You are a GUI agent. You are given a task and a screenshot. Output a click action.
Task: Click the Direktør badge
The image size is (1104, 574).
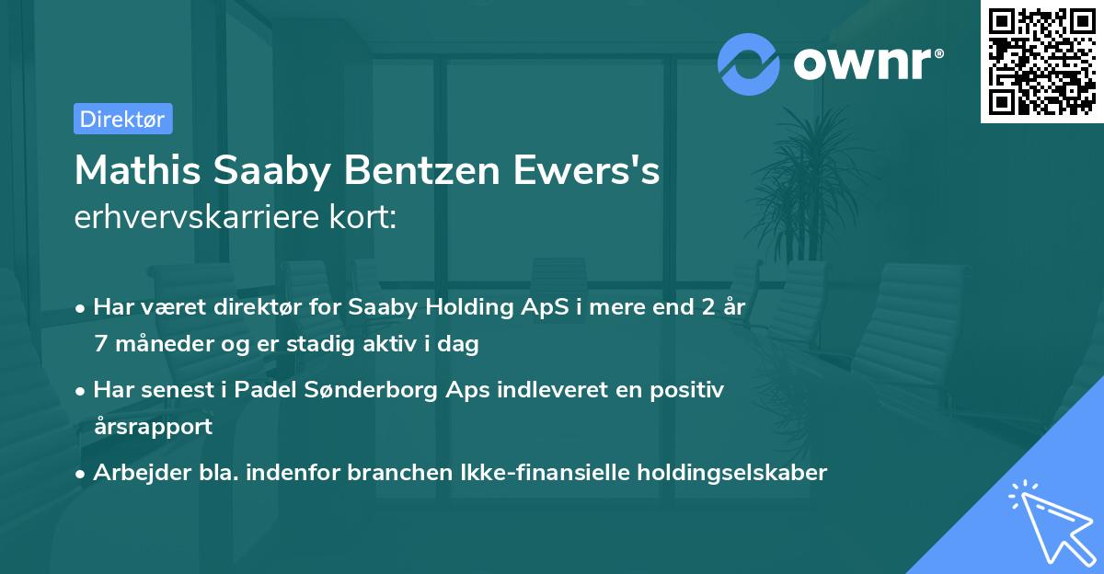click(122, 119)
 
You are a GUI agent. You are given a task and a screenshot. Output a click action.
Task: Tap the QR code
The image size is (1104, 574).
click(1041, 61)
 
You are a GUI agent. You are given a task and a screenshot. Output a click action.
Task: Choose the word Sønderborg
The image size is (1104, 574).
click(360, 390)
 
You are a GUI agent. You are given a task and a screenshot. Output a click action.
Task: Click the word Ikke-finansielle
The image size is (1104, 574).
click(545, 473)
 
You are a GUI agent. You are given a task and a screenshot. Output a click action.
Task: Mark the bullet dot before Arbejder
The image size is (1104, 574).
click(82, 474)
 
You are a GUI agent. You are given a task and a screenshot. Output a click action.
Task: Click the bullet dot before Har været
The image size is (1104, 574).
click(82, 308)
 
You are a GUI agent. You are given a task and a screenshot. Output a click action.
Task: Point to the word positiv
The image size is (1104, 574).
click(691, 390)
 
